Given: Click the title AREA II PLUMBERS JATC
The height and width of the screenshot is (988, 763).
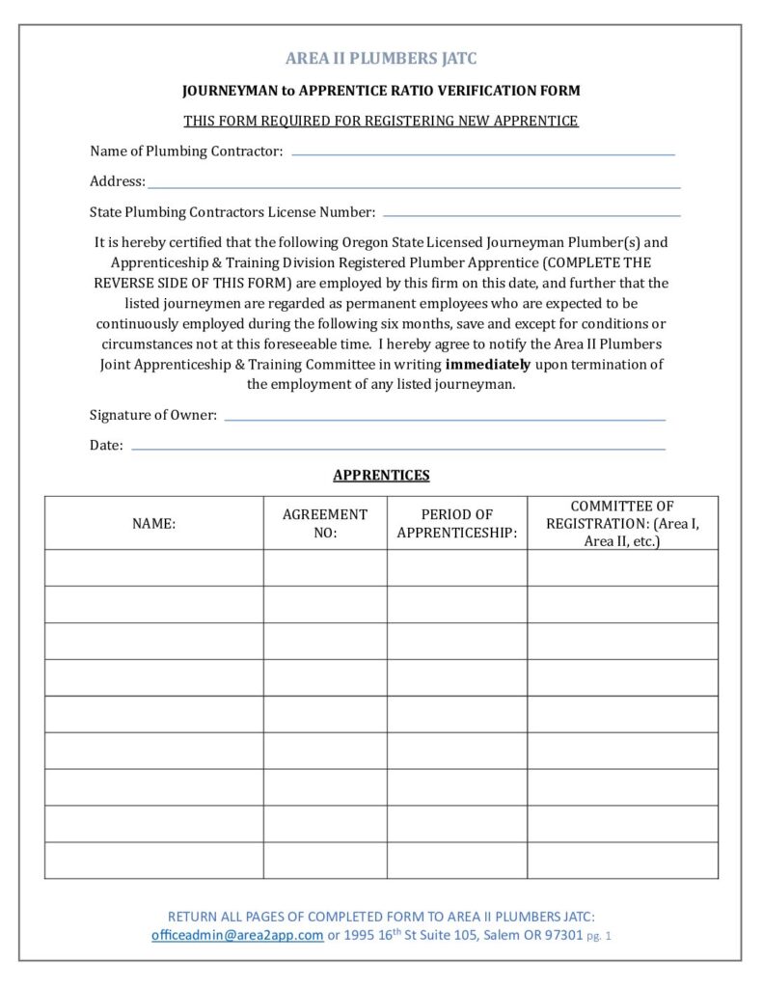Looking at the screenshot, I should [381, 59].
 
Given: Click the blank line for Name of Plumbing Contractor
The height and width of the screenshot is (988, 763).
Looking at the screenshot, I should [482, 153].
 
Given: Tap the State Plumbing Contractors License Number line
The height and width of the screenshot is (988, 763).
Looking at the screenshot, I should [531, 214].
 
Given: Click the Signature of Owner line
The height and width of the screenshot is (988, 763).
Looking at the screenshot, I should [444, 420].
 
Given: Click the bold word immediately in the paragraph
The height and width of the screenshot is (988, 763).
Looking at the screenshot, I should [488, 365].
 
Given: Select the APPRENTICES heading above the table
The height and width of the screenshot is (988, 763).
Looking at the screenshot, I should [381, 475].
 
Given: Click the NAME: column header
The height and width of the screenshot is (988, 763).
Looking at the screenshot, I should [154, 523].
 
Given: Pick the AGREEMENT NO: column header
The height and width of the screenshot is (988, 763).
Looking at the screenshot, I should [325, 523].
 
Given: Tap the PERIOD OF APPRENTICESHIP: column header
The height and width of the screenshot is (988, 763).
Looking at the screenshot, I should [457, 523].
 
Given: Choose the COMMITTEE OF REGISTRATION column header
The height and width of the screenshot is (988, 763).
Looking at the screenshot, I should [622, 523].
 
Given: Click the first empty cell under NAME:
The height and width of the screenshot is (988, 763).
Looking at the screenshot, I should [154, 567].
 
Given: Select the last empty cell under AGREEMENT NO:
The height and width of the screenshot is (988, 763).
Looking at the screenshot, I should [325, 860].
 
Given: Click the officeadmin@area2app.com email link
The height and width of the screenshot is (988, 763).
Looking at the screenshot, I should [237, 936].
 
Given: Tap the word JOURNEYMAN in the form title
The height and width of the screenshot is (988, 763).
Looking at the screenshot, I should [230, 91].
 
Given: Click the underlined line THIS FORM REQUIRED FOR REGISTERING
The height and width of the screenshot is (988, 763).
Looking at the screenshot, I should [381, 121].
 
